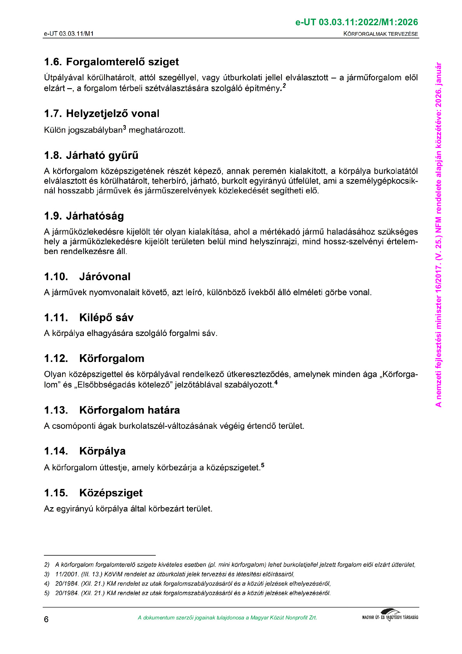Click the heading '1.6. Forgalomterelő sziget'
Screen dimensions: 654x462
click(x=111, y=62)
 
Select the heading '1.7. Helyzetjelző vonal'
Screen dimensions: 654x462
click(x=102, y=113)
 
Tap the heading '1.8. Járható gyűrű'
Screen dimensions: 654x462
click(x=91, y=155)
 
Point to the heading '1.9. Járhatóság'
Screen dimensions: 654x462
click(x=84, y=216)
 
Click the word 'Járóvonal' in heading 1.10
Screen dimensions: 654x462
click(x=105, y=277)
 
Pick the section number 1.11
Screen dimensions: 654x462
click(x=56, y=318)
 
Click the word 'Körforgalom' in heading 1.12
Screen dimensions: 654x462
click(x=112, y=358)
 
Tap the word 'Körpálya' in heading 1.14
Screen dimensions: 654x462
click(x=102, y=451)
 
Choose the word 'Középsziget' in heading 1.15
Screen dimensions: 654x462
click(x=111, y=493)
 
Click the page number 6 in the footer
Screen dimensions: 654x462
click(x=46, y=619)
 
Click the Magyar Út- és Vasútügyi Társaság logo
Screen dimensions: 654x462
click(x=390, y=616)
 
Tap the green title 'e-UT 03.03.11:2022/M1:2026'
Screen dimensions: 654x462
click(x=357, y=22)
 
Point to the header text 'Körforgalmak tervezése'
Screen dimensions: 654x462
click(x=380, y=34)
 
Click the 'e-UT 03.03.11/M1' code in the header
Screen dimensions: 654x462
click(x=69, y=34)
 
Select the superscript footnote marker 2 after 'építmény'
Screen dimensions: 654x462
click(x=284, y=85)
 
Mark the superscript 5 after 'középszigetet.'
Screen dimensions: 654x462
click(x=262, y=465)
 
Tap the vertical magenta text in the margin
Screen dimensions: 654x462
click(x=438, y=235)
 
